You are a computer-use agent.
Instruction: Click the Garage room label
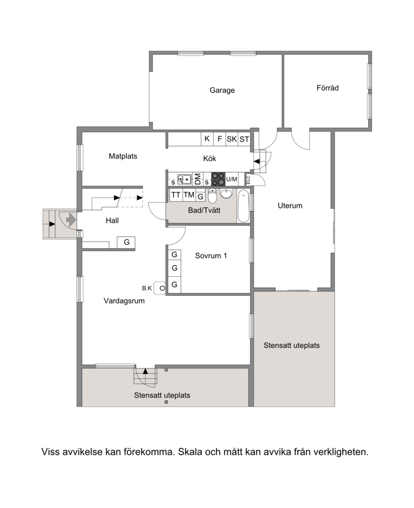[x=222, y=90]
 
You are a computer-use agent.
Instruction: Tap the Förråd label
[x=327, y=88]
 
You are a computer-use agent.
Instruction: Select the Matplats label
[x=123, y=156]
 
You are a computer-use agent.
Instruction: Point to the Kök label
[x=210, y=159]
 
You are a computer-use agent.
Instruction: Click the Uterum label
[x=290, y=205]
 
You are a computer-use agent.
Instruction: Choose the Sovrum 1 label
[x=211, y=256]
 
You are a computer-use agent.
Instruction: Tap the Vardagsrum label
[x=124, y=301]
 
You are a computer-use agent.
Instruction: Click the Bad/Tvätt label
[x=204, y=210]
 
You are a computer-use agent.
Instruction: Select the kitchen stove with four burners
[x=218, y=179]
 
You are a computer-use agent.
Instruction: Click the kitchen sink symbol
[x=184, y=179]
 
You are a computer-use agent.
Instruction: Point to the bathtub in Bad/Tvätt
[x=243, y=206]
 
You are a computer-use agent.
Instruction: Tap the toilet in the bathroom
[x=212, y=195]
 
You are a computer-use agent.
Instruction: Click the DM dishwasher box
[x=197, y=179]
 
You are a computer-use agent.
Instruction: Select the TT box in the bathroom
[x=175, y=195]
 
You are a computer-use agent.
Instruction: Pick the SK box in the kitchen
[x=232, y=139]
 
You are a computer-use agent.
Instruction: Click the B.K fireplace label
[x=147, y=288]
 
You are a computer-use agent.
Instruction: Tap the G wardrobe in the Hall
[x=126, y=243]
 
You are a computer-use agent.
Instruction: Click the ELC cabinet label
[x=248, y=180]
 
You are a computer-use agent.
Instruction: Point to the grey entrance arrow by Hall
[x=71, y=220]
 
